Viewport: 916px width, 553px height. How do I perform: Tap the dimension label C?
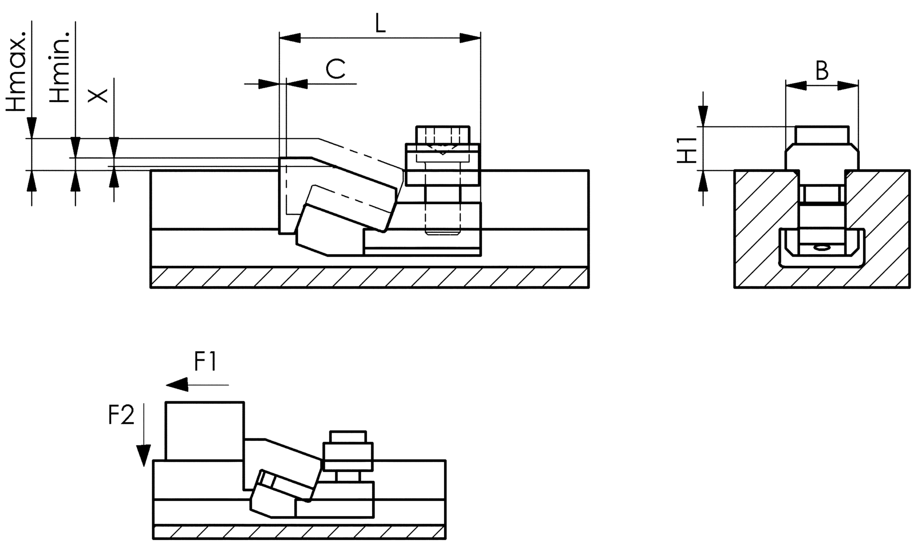point(335,69)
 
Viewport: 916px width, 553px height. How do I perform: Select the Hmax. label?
point(17,69)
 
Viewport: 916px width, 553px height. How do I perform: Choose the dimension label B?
point(822,71)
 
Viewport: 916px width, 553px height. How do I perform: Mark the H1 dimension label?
point(688,149)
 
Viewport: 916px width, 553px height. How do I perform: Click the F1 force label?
point(206,362)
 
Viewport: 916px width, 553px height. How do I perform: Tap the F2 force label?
point(121,415)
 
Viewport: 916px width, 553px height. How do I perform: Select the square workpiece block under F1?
point(205,431)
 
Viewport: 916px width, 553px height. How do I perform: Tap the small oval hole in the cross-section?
point(822,248)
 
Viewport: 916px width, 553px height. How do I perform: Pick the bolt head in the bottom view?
point(348,437)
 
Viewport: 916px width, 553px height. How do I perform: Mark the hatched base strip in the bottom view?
point(299,532)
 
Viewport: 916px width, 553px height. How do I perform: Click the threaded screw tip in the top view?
point(442,232)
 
